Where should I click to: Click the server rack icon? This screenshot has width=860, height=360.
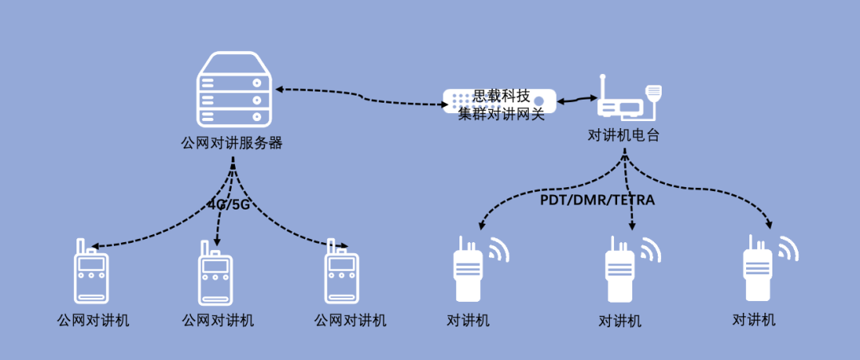(235, 90)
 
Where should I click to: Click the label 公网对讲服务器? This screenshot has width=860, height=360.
(233, 144)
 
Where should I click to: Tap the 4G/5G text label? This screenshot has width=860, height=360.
(229, 204)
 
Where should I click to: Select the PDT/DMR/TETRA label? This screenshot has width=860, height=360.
(597, 201)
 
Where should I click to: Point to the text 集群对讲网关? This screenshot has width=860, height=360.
(501, 114)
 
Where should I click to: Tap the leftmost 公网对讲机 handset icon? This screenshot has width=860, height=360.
(92, 272)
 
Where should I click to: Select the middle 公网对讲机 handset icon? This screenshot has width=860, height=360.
(216, 272)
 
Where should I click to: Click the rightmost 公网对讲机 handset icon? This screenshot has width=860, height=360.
(342, 272)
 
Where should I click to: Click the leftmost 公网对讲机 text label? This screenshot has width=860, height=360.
(92, 321)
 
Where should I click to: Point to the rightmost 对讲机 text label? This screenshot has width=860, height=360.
(753, 320)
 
